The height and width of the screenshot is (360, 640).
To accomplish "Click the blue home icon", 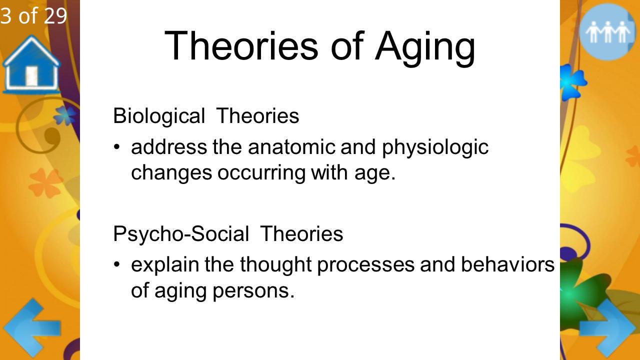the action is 31,64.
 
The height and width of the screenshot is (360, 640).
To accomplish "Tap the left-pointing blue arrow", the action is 32,328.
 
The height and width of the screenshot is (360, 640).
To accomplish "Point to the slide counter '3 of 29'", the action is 33,15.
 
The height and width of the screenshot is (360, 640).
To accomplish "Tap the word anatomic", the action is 291,147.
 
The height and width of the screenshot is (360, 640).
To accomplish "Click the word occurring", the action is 261,173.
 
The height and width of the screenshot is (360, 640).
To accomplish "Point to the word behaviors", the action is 507,264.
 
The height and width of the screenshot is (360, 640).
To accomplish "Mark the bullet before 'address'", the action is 116,147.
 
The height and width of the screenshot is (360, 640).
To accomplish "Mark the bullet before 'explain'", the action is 116,264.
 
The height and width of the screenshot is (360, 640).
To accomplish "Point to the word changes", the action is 171,173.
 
